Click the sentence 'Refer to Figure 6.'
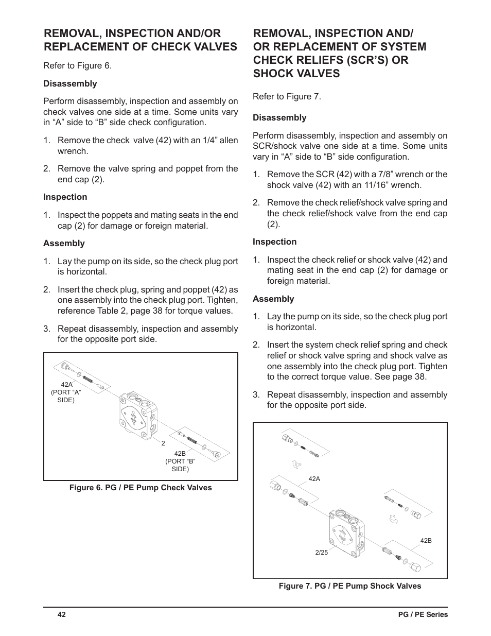[77, 65]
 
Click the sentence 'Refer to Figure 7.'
[287, 96]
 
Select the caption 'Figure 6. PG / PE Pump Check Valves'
[141, 488]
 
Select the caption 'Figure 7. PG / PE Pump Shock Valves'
[350, 586]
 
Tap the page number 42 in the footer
[62, 615]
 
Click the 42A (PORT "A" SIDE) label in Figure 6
[66, 392]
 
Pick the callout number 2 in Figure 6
[163, 443]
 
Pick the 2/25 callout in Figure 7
[321, 553]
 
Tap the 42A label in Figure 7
[314, 479]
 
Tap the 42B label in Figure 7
[426, 541]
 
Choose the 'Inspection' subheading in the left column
[65, 197]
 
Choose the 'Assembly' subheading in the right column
[273, 299]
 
